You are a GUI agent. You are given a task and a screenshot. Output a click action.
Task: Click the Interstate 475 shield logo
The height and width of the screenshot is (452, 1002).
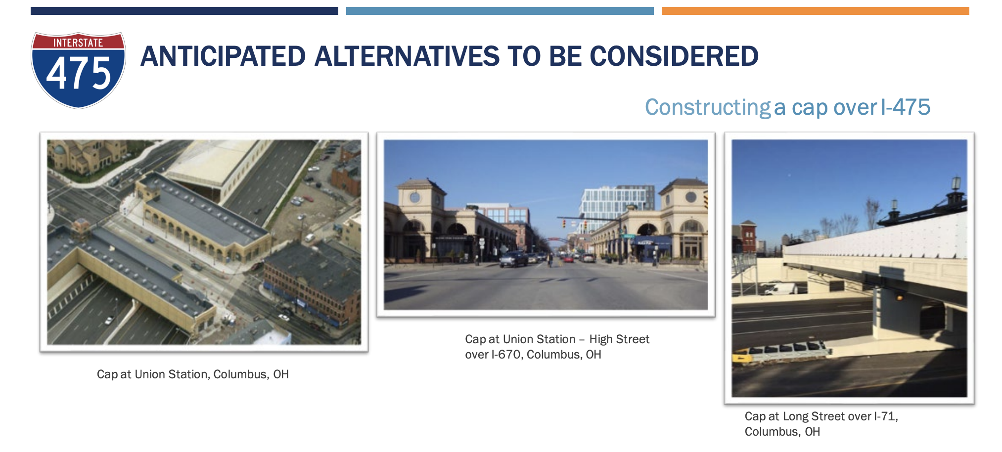(x=78, y=70)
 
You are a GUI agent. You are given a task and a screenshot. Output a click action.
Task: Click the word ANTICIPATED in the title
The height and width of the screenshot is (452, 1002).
(x=224, y=56)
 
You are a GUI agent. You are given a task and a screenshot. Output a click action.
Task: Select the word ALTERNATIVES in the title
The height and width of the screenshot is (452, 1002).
(x=407, y=56)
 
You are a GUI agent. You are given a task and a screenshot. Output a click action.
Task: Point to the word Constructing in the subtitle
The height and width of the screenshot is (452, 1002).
(x=708, y=108)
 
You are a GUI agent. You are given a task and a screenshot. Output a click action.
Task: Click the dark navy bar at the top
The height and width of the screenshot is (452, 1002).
(x=184, y=11)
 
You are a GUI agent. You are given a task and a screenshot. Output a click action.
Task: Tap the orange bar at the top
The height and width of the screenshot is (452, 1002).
(x=815, y=11)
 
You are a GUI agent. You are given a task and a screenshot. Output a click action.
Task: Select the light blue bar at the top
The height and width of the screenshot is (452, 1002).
(x=500, y=11)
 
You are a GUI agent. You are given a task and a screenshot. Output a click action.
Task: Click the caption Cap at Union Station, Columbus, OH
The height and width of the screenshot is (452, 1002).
(x=193, y=374)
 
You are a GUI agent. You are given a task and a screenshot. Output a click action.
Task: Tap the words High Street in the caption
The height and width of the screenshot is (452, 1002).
(x=619, y=339)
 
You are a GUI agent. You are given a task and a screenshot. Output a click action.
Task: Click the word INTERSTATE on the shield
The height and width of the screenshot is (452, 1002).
(x=78, y=43)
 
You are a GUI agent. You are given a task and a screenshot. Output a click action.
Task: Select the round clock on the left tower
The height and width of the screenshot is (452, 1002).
(x=415, y=198)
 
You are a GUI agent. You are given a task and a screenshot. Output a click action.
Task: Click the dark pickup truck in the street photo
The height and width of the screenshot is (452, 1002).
(x=513, y=259)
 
